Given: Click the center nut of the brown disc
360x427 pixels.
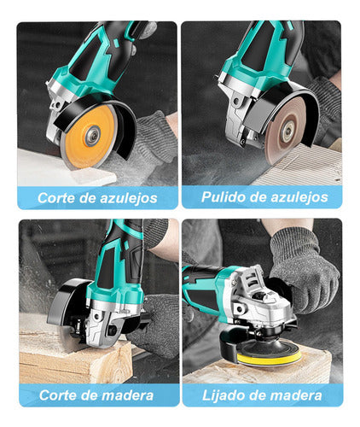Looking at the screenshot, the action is (x=287, y=131).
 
